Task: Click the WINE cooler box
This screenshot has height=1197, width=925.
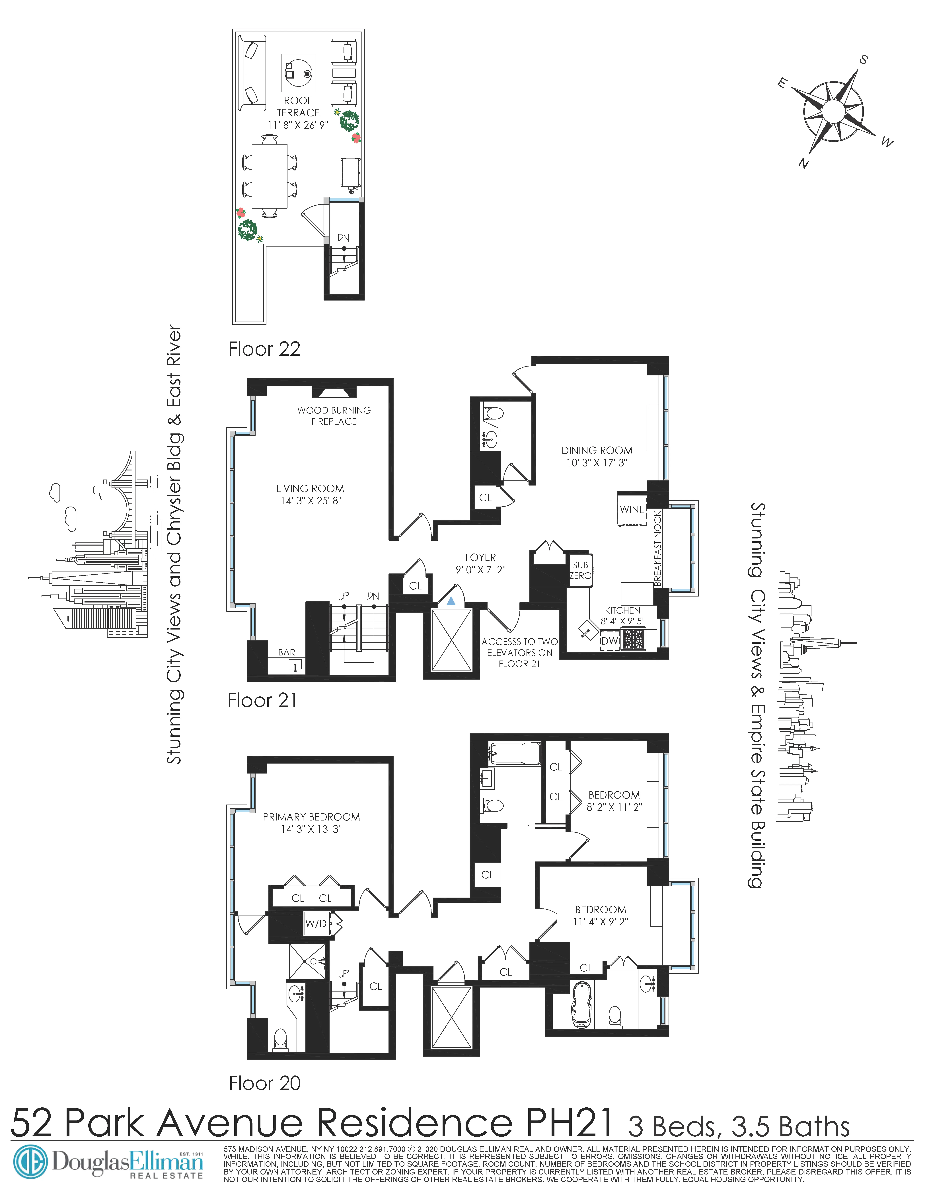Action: (x=632, y=509)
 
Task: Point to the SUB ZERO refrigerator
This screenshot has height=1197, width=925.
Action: (x=580, y=570)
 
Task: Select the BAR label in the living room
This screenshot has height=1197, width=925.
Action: (x=287, y=652)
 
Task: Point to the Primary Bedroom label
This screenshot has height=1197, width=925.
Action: (x=311, y=817)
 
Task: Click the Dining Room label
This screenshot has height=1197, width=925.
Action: (x=597, y=451)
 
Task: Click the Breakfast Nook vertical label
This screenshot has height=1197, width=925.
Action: (x=658, y=548)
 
